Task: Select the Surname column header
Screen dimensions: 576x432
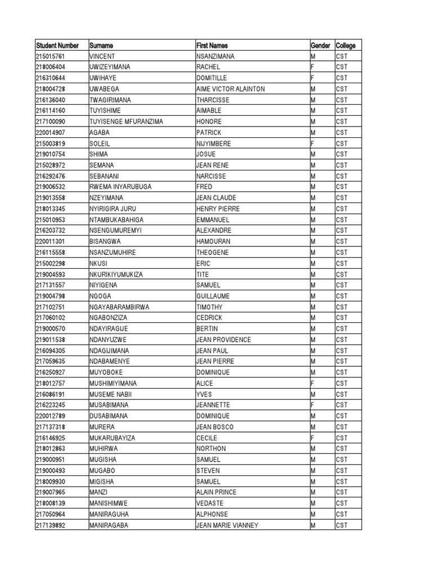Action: tap(101, 46)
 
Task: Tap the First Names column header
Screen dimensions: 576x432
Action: tap(212, 46)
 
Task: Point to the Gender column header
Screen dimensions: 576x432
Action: tap(320, 46)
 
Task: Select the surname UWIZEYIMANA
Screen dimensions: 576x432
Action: tap(110, 67)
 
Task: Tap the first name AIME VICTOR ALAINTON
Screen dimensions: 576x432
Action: tap(231, 89)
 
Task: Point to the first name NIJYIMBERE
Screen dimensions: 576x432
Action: tap(214, 143)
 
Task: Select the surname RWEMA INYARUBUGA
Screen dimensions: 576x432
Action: tap(120, 187)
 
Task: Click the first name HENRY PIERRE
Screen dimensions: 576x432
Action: tap(218, 209)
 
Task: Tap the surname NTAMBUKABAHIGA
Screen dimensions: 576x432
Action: tap(116, 219)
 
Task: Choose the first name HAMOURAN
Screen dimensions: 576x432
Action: tap(213, 241)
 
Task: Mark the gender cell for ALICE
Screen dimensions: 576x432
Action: tap(312, 383)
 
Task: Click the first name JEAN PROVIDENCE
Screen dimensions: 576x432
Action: tap(223, 340)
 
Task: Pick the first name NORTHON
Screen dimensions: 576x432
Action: tap(211, 449)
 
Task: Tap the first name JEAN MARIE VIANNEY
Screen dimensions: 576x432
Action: tap(227, 525)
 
